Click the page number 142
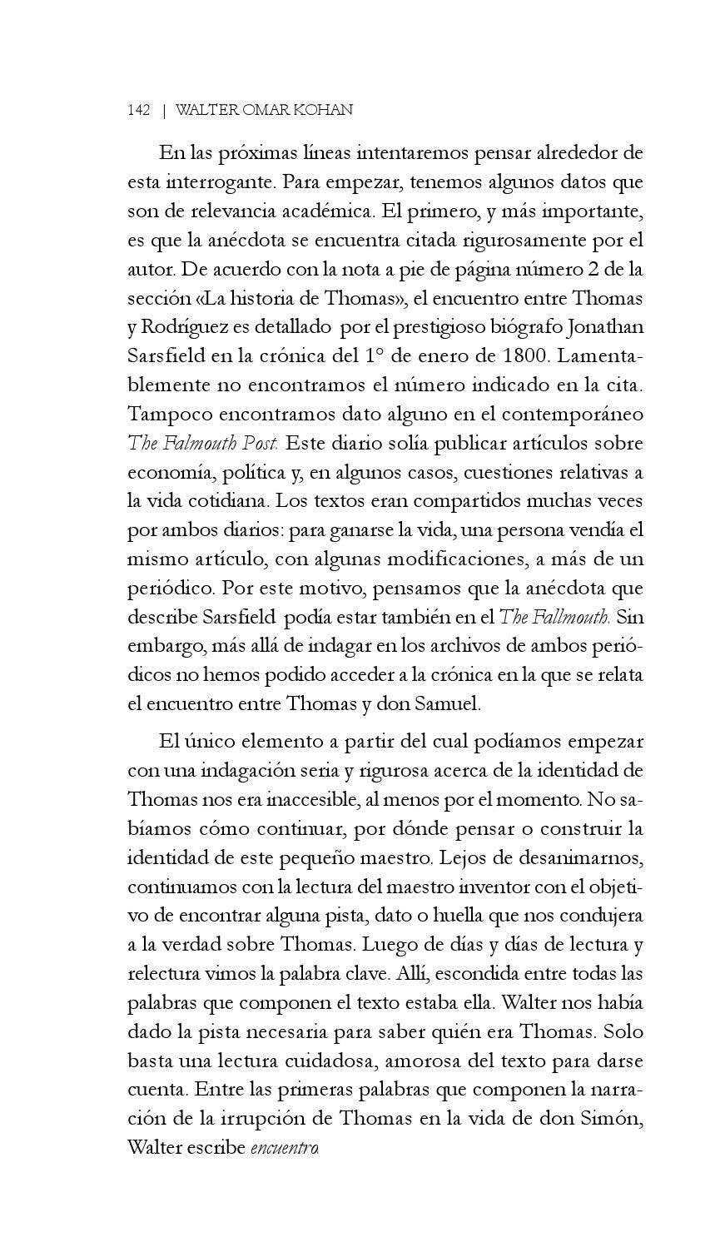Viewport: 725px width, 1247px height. [139, 110]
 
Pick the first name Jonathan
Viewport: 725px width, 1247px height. [603, 326]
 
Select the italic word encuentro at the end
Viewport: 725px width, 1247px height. [285, 1148]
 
